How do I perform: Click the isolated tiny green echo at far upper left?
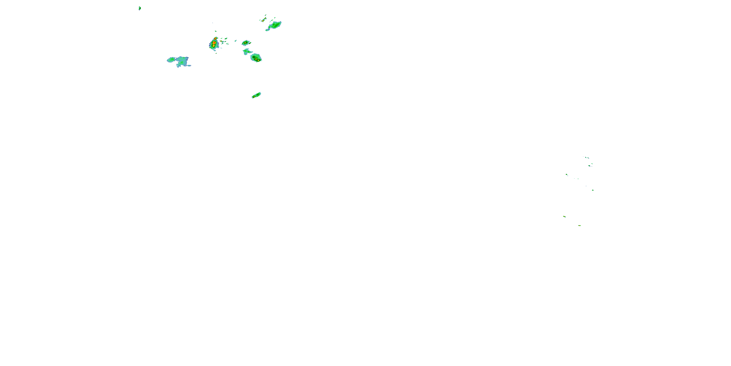pos(140,8)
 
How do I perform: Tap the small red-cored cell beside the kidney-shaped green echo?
pos(264,20)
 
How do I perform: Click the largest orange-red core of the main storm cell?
pos(214,43)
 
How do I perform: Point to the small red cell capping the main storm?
pos(215,38)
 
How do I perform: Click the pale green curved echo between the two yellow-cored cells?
pos(247,52)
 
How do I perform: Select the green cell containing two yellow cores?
pos(256,58)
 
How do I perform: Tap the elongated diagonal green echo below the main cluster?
pos(256,95)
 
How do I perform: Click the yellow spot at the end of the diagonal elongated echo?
pos(253,97)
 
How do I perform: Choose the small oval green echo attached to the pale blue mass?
pos(171,60)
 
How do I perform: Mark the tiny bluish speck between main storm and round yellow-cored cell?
pos(236,41)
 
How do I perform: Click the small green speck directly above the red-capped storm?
pos(216,31)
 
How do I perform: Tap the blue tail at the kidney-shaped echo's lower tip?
pos(267,30)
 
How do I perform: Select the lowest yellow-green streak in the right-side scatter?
pos(579,226)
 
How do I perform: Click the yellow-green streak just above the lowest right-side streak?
pos(564,216)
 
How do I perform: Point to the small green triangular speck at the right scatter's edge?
pos(593,190)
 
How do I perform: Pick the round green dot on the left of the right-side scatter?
pos(567,174)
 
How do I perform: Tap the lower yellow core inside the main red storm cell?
pos(213,45)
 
